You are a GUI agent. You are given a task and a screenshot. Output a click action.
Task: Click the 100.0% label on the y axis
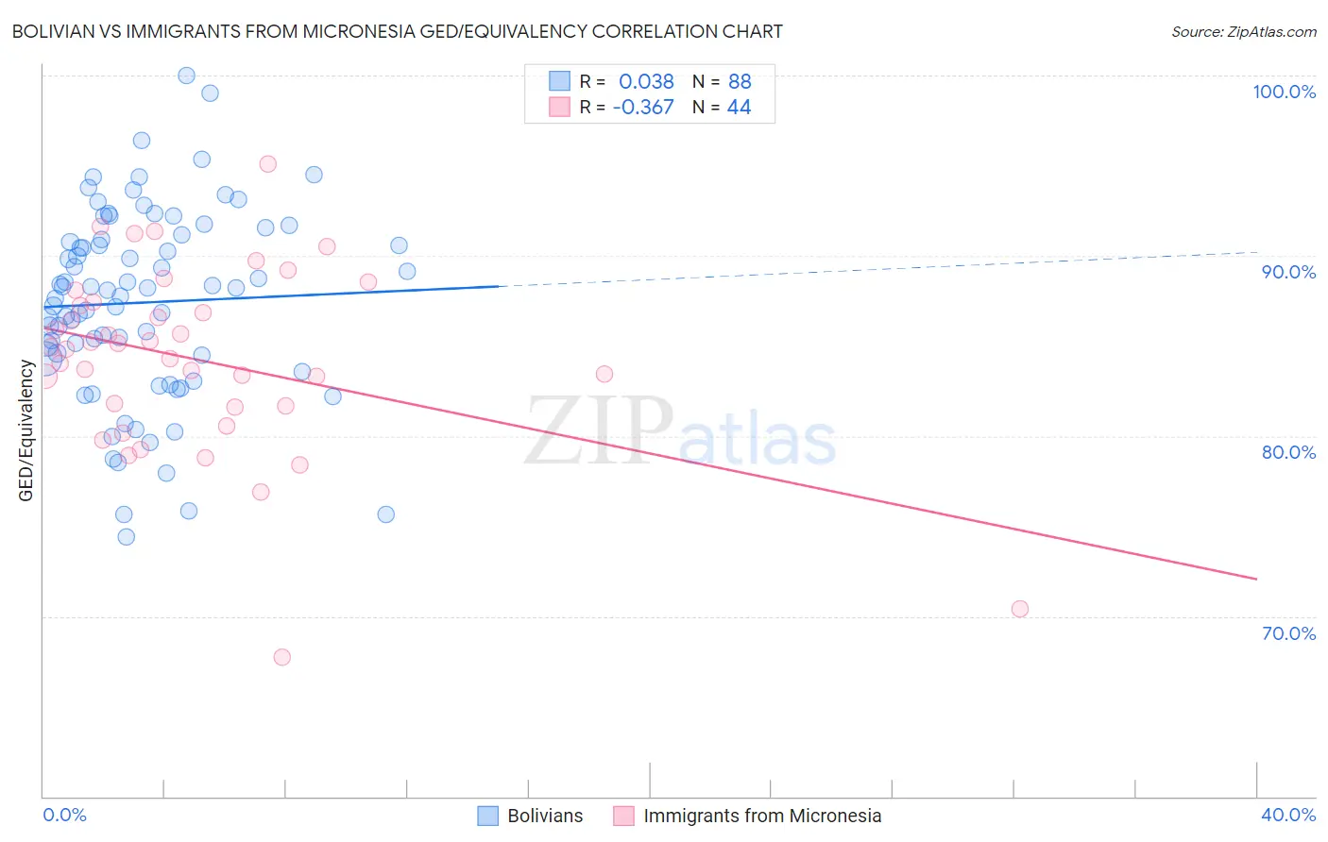pos(1284,92)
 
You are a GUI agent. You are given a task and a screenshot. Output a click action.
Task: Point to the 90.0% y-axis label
pos(1288,272)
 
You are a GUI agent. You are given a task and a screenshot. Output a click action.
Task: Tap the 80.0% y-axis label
pos(1288,452)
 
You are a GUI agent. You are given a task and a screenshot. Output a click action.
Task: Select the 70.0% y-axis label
pos(1288,633)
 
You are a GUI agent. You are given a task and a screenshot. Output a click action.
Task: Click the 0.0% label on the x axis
pos(64,815)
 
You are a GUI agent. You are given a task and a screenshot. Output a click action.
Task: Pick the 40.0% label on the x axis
pos(1287,815)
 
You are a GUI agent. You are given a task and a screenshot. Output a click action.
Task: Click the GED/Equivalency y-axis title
pos(26,430)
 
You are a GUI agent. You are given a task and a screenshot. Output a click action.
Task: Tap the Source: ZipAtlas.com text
pos(1243,32)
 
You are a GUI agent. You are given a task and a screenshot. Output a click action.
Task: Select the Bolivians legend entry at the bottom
pos(544,816)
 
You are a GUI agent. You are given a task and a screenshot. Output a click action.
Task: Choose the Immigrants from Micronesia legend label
pos(761,816)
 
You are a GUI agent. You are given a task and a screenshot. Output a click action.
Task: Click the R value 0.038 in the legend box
pos(646,82)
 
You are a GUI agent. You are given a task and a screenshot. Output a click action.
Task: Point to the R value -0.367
pos(642,108)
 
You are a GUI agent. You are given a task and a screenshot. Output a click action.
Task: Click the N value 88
pos(740,82)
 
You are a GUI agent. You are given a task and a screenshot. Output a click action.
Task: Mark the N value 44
pos(739,108)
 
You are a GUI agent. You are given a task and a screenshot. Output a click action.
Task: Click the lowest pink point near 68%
pos(281,657)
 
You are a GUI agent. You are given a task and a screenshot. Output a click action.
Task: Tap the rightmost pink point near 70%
pos(1020,609)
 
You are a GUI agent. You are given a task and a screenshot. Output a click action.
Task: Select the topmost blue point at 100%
pos(186,76)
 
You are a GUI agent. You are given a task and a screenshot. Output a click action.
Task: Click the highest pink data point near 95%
pos(267,164)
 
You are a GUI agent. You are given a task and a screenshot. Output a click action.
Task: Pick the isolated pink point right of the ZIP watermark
pos(604,374)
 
